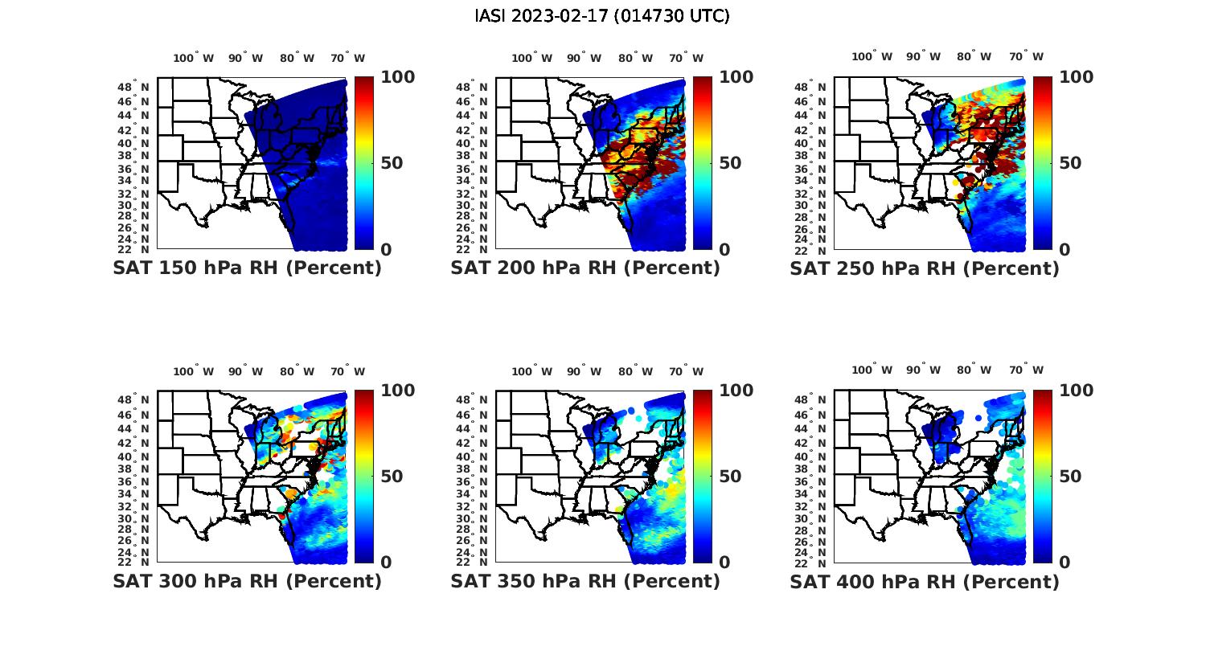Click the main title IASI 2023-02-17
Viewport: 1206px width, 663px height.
click(602, 16)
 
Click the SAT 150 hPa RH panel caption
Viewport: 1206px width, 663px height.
click(247, 268)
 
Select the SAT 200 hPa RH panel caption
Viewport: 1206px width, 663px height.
click(585, 268)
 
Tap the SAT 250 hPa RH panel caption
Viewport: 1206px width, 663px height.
click(925, 268)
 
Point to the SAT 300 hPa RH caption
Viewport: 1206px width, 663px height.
click(247, 581)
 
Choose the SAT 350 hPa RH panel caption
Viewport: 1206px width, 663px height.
click(585, 581)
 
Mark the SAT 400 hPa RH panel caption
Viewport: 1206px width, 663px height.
click(925, 581)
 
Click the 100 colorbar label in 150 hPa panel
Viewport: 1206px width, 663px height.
click(397, 77)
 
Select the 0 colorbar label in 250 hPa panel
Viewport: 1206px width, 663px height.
click(1064, 249)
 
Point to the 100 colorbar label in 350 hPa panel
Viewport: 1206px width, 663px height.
click(736, 391)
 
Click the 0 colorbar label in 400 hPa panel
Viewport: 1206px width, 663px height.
click(1064, 563)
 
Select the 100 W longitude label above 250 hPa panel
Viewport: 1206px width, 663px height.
click(872, 57)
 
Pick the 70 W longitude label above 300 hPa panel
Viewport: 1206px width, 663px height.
click(348, 371)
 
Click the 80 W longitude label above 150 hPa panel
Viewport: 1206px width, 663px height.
click(297, 58)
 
